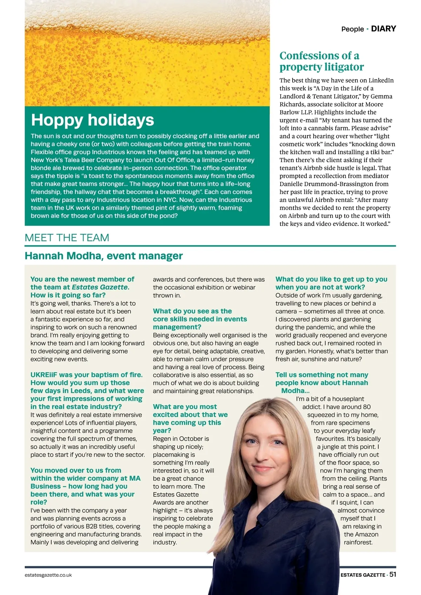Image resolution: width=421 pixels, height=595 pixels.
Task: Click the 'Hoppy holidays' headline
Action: (93, 120)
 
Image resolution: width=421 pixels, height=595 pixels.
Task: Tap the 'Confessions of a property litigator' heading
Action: (321, 61)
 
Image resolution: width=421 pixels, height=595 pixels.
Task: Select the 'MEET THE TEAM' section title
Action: (67, 238)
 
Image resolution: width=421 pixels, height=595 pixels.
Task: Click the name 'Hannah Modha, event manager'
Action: (103, 256)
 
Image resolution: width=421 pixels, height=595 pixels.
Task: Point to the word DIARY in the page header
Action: (383, 29)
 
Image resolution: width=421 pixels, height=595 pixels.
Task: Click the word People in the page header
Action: (352, 29)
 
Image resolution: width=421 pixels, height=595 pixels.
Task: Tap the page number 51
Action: (393, 575)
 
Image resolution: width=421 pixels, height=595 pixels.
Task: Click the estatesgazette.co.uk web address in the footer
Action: (48, 575)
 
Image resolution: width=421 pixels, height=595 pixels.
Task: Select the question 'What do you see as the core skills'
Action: (200, 319)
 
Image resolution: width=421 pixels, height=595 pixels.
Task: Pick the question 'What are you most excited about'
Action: (190, 418)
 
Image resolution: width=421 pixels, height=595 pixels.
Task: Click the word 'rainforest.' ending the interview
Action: (358, 542)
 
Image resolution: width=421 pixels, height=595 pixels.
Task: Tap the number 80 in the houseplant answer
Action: (367, 407)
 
